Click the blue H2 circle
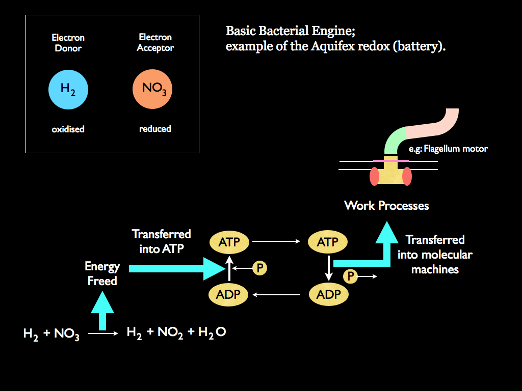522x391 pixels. click(68, 90)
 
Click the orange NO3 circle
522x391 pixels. click(152, 89)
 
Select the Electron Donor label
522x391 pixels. click(68, 43)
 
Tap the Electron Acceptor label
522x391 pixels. click(155, 42)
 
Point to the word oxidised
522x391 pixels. click(68, 129)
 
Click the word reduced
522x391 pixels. click(155, 129)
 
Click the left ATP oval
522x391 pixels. click(229, 242)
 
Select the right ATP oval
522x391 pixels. click(328, 242)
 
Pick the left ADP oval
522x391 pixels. click(229, 294)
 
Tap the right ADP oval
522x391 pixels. click(329, 294)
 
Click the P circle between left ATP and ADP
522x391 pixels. click(259, 267)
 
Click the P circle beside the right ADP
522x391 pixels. click(350, 276)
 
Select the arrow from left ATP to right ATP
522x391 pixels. click(278, 242)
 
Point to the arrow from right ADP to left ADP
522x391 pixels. click(278, 294)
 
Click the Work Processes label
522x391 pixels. click(386, 206)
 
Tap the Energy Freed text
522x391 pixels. click(102, 273)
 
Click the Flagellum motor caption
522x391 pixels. click(448, 149)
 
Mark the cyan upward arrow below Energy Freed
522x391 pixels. click(102, 312)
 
